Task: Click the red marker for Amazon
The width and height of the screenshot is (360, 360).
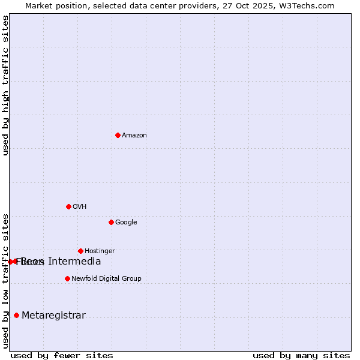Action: click(118, 135)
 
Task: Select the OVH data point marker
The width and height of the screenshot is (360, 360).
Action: click(68, 206)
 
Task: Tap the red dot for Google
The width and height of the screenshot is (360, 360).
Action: click(111, 222)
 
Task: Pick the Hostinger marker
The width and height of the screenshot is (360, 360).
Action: click(80, 251)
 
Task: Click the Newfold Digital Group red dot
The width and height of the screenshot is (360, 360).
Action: click(67, 278)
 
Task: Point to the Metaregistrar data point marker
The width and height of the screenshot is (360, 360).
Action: click(16, 316)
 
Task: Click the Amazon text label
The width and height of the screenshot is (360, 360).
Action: click(134, 136)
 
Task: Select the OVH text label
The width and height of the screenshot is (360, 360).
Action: click(80, 207)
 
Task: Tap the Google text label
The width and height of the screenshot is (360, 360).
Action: click(126, 223)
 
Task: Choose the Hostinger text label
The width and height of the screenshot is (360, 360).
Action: click(100, 251)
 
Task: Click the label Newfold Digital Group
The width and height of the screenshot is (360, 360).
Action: click(106, 279)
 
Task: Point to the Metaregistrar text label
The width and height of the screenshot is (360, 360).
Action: click(53, 316)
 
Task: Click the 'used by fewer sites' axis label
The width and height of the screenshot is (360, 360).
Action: click(62, 355)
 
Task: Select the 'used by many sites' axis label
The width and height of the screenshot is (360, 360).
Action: click(301, 355)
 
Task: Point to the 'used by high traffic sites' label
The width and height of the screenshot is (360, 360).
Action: click(6, 85)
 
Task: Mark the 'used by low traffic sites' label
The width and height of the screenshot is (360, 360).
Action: click(6, 281)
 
